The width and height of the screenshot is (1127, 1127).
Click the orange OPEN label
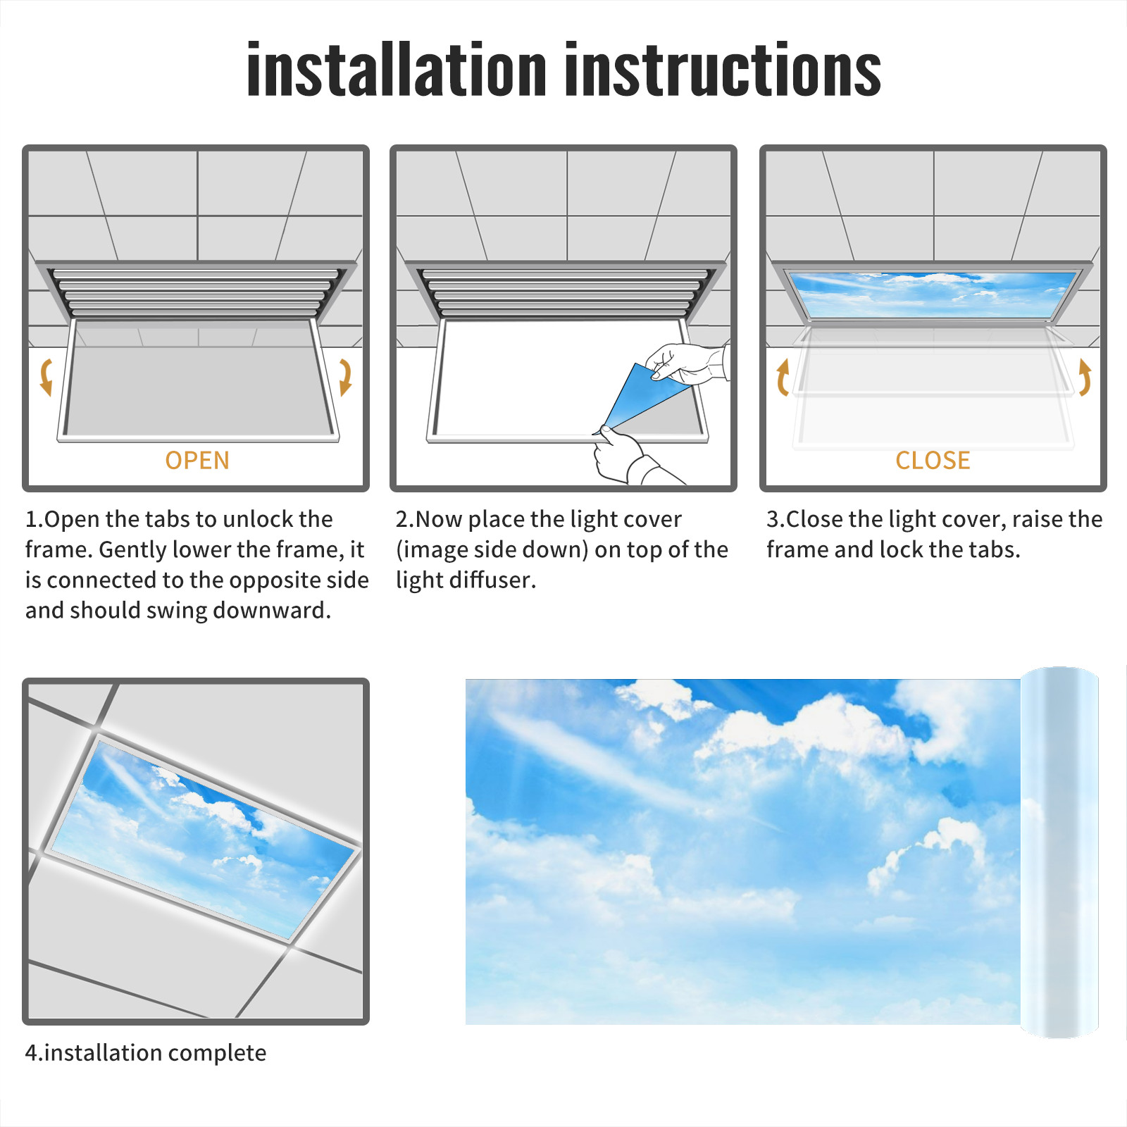tap(197, 461)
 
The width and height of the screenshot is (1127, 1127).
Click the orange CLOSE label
tap(933, 461)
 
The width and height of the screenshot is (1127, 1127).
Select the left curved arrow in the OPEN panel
tap(46, 377)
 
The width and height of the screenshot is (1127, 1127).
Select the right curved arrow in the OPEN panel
tap(345, 377)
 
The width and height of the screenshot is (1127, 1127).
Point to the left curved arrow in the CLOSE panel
tap(782, 377)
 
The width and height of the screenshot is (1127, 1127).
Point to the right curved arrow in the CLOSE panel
tap(1085, 377)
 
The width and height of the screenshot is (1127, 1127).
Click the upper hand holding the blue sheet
tap(687, 363)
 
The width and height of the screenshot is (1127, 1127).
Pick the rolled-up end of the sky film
tap(1059, 852)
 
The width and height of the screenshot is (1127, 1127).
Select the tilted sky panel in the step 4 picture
tap(204, 838)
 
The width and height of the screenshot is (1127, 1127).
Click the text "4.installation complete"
tap(146, 1052)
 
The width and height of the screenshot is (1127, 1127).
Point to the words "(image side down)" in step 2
tap(492, 549)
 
